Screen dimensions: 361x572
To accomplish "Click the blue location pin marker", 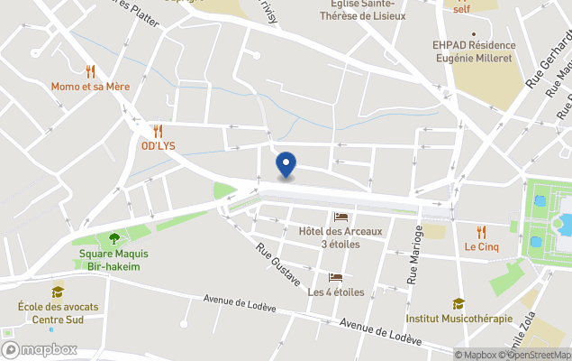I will click(x=286, y=164).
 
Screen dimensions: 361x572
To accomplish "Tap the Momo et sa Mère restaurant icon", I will click(x=90, y=70).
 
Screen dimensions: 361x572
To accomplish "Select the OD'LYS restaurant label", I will click(x=158, y=146).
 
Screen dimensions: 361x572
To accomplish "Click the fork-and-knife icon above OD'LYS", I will click(x=158, y=131).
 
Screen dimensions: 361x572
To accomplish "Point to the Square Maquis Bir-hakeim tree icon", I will click(x=114, y=239).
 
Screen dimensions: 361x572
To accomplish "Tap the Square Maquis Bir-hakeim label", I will click(x=113, y=260).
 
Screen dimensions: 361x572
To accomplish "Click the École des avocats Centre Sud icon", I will click(x=58, y=292).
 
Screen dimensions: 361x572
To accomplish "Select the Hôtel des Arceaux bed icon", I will click(x=340, y=217).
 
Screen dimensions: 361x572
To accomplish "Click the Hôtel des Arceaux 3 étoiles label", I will click(x=340, y=237).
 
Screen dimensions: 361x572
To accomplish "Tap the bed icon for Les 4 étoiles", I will click(x=335, y=278).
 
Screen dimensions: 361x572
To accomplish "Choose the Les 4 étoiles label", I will click(x=335, y=292).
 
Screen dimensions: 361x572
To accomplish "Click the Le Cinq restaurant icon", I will click(x=481, y=231).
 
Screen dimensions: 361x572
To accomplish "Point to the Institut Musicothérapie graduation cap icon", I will click(x=459, y=304).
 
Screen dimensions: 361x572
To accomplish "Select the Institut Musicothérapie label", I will click(x=459, y=319).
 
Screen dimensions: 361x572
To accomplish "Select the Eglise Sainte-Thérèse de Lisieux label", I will click(x=363, y=10).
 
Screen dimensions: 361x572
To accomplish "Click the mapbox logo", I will click(x=40, y=349).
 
